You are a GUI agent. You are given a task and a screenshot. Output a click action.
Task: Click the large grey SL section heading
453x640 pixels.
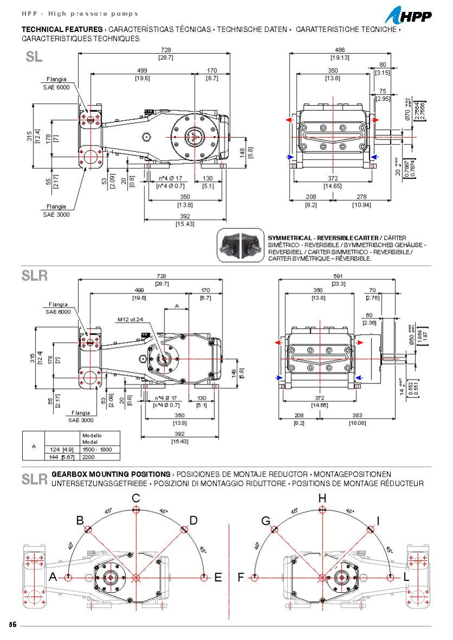(34, 57)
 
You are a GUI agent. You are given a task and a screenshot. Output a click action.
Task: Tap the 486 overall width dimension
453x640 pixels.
(340, 50)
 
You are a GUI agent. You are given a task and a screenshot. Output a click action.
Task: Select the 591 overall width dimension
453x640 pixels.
(339, 276)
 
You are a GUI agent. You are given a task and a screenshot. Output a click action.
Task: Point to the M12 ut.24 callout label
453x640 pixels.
(130, 319)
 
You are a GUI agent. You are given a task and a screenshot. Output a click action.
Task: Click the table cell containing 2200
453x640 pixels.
(88, 457)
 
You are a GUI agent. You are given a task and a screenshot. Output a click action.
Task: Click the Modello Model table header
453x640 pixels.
(92, 438)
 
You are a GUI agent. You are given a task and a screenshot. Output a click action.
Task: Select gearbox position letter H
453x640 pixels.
(322, 498)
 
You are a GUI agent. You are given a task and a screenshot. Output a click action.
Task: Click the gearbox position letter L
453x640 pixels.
(406, 578)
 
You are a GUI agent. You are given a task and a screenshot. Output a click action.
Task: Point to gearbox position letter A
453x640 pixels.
(53, 578)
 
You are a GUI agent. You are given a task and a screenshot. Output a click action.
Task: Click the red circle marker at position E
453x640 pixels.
(204, 578)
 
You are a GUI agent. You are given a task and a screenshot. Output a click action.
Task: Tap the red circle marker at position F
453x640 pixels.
(255, 578)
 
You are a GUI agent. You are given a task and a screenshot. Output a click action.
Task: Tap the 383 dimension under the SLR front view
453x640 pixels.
(358, 415)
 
